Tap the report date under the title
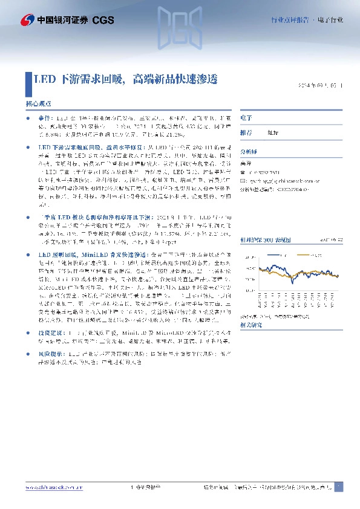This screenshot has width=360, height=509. pyautogui.click(x=321, y=86)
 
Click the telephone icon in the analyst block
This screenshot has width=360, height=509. pyautogui.click(x=243, y=171)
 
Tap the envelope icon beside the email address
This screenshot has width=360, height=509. pyautogui.click(x=243, y=181)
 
